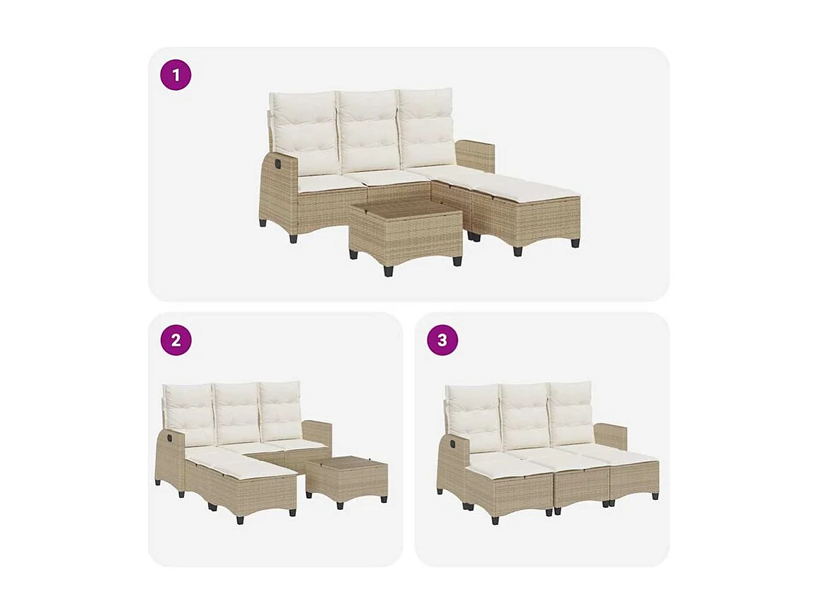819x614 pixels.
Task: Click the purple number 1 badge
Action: (x=176, y=75)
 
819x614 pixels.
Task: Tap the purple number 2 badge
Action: (x=176, y=340)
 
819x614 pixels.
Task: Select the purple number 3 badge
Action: (x=442, y=340)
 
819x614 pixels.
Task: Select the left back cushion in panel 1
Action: (x=305, y=132)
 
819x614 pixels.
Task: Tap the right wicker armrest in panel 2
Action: (x=317, y=433)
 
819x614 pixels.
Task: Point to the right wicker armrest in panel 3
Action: (x=611, y=436)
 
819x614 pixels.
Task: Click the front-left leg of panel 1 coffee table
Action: (x=387, y=270)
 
